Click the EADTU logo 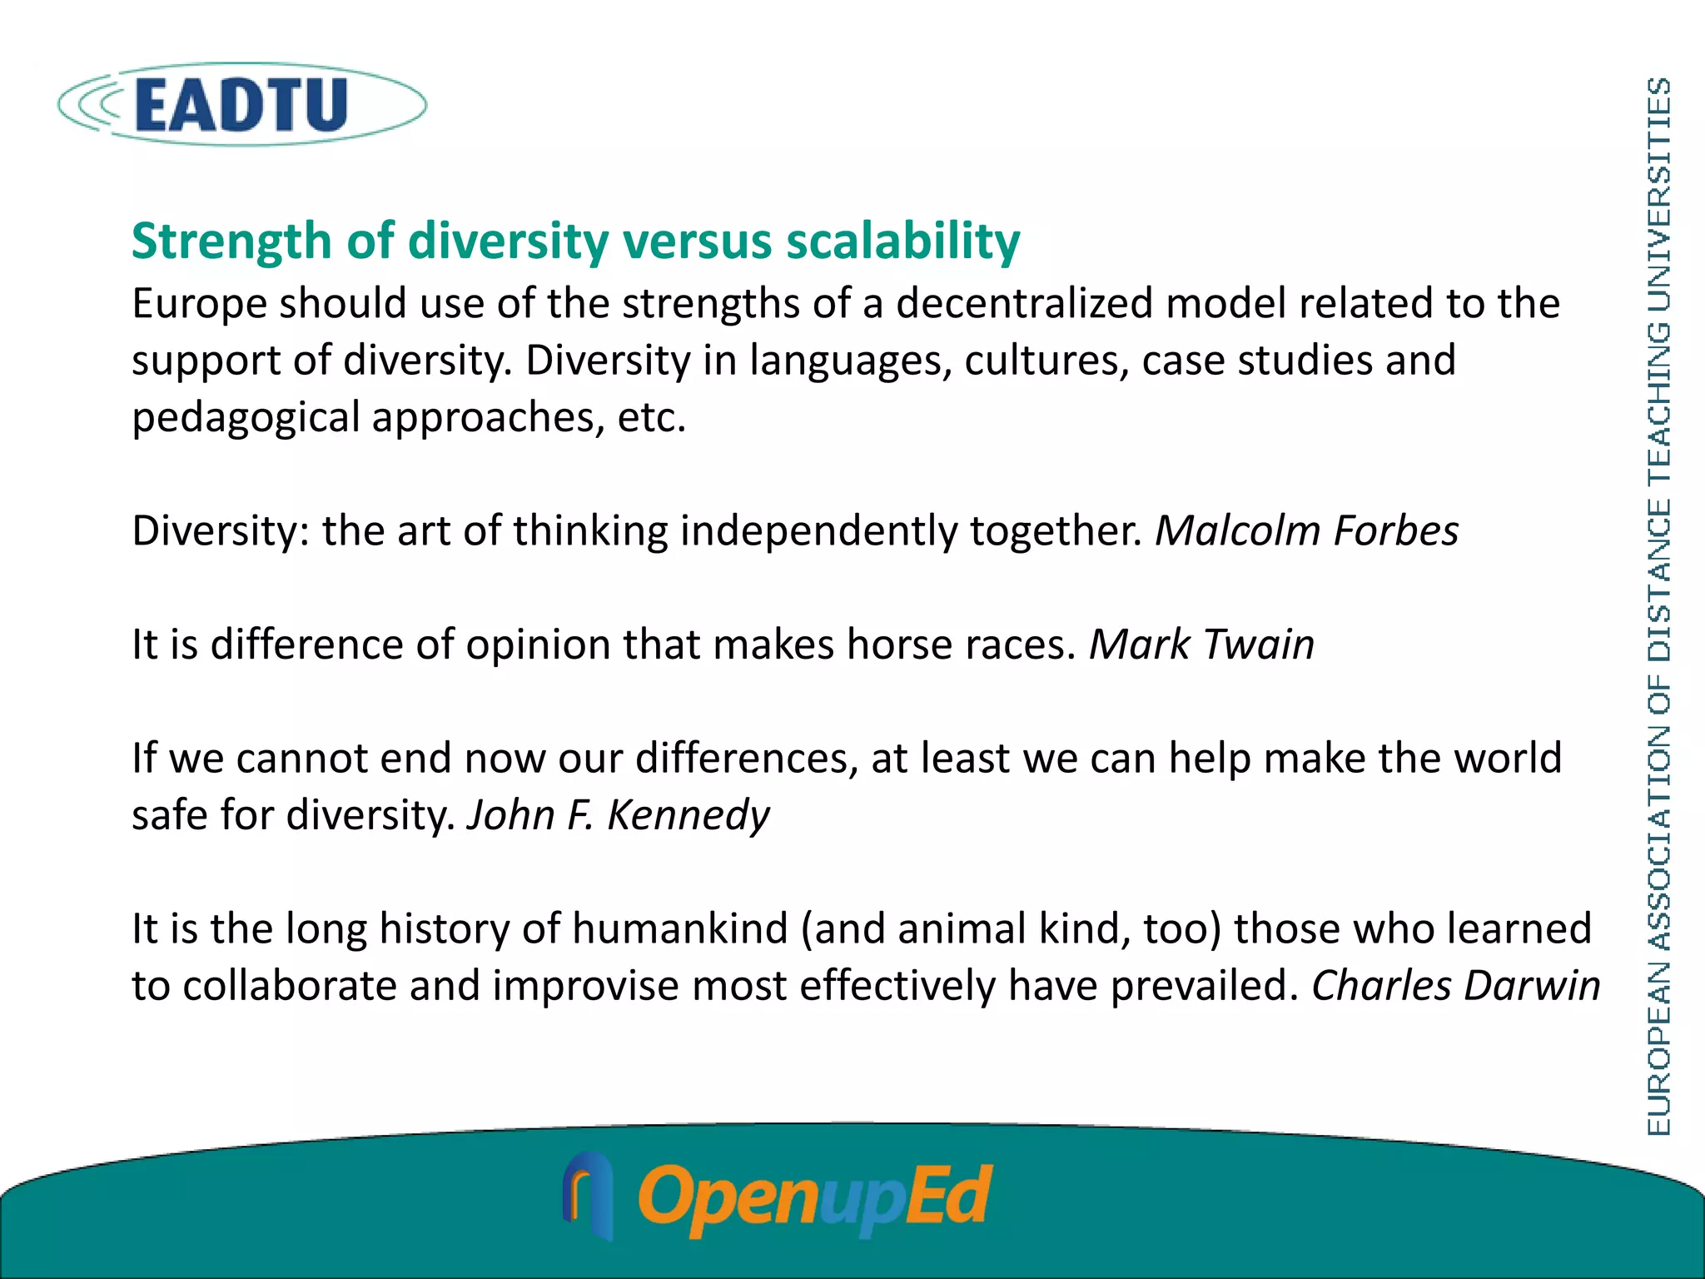coord(241,105)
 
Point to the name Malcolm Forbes coord(1306,530)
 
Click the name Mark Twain coord(1201,644)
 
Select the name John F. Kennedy coord(618,814)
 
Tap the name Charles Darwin coord(1455,986)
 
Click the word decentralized coord(1024,303)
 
